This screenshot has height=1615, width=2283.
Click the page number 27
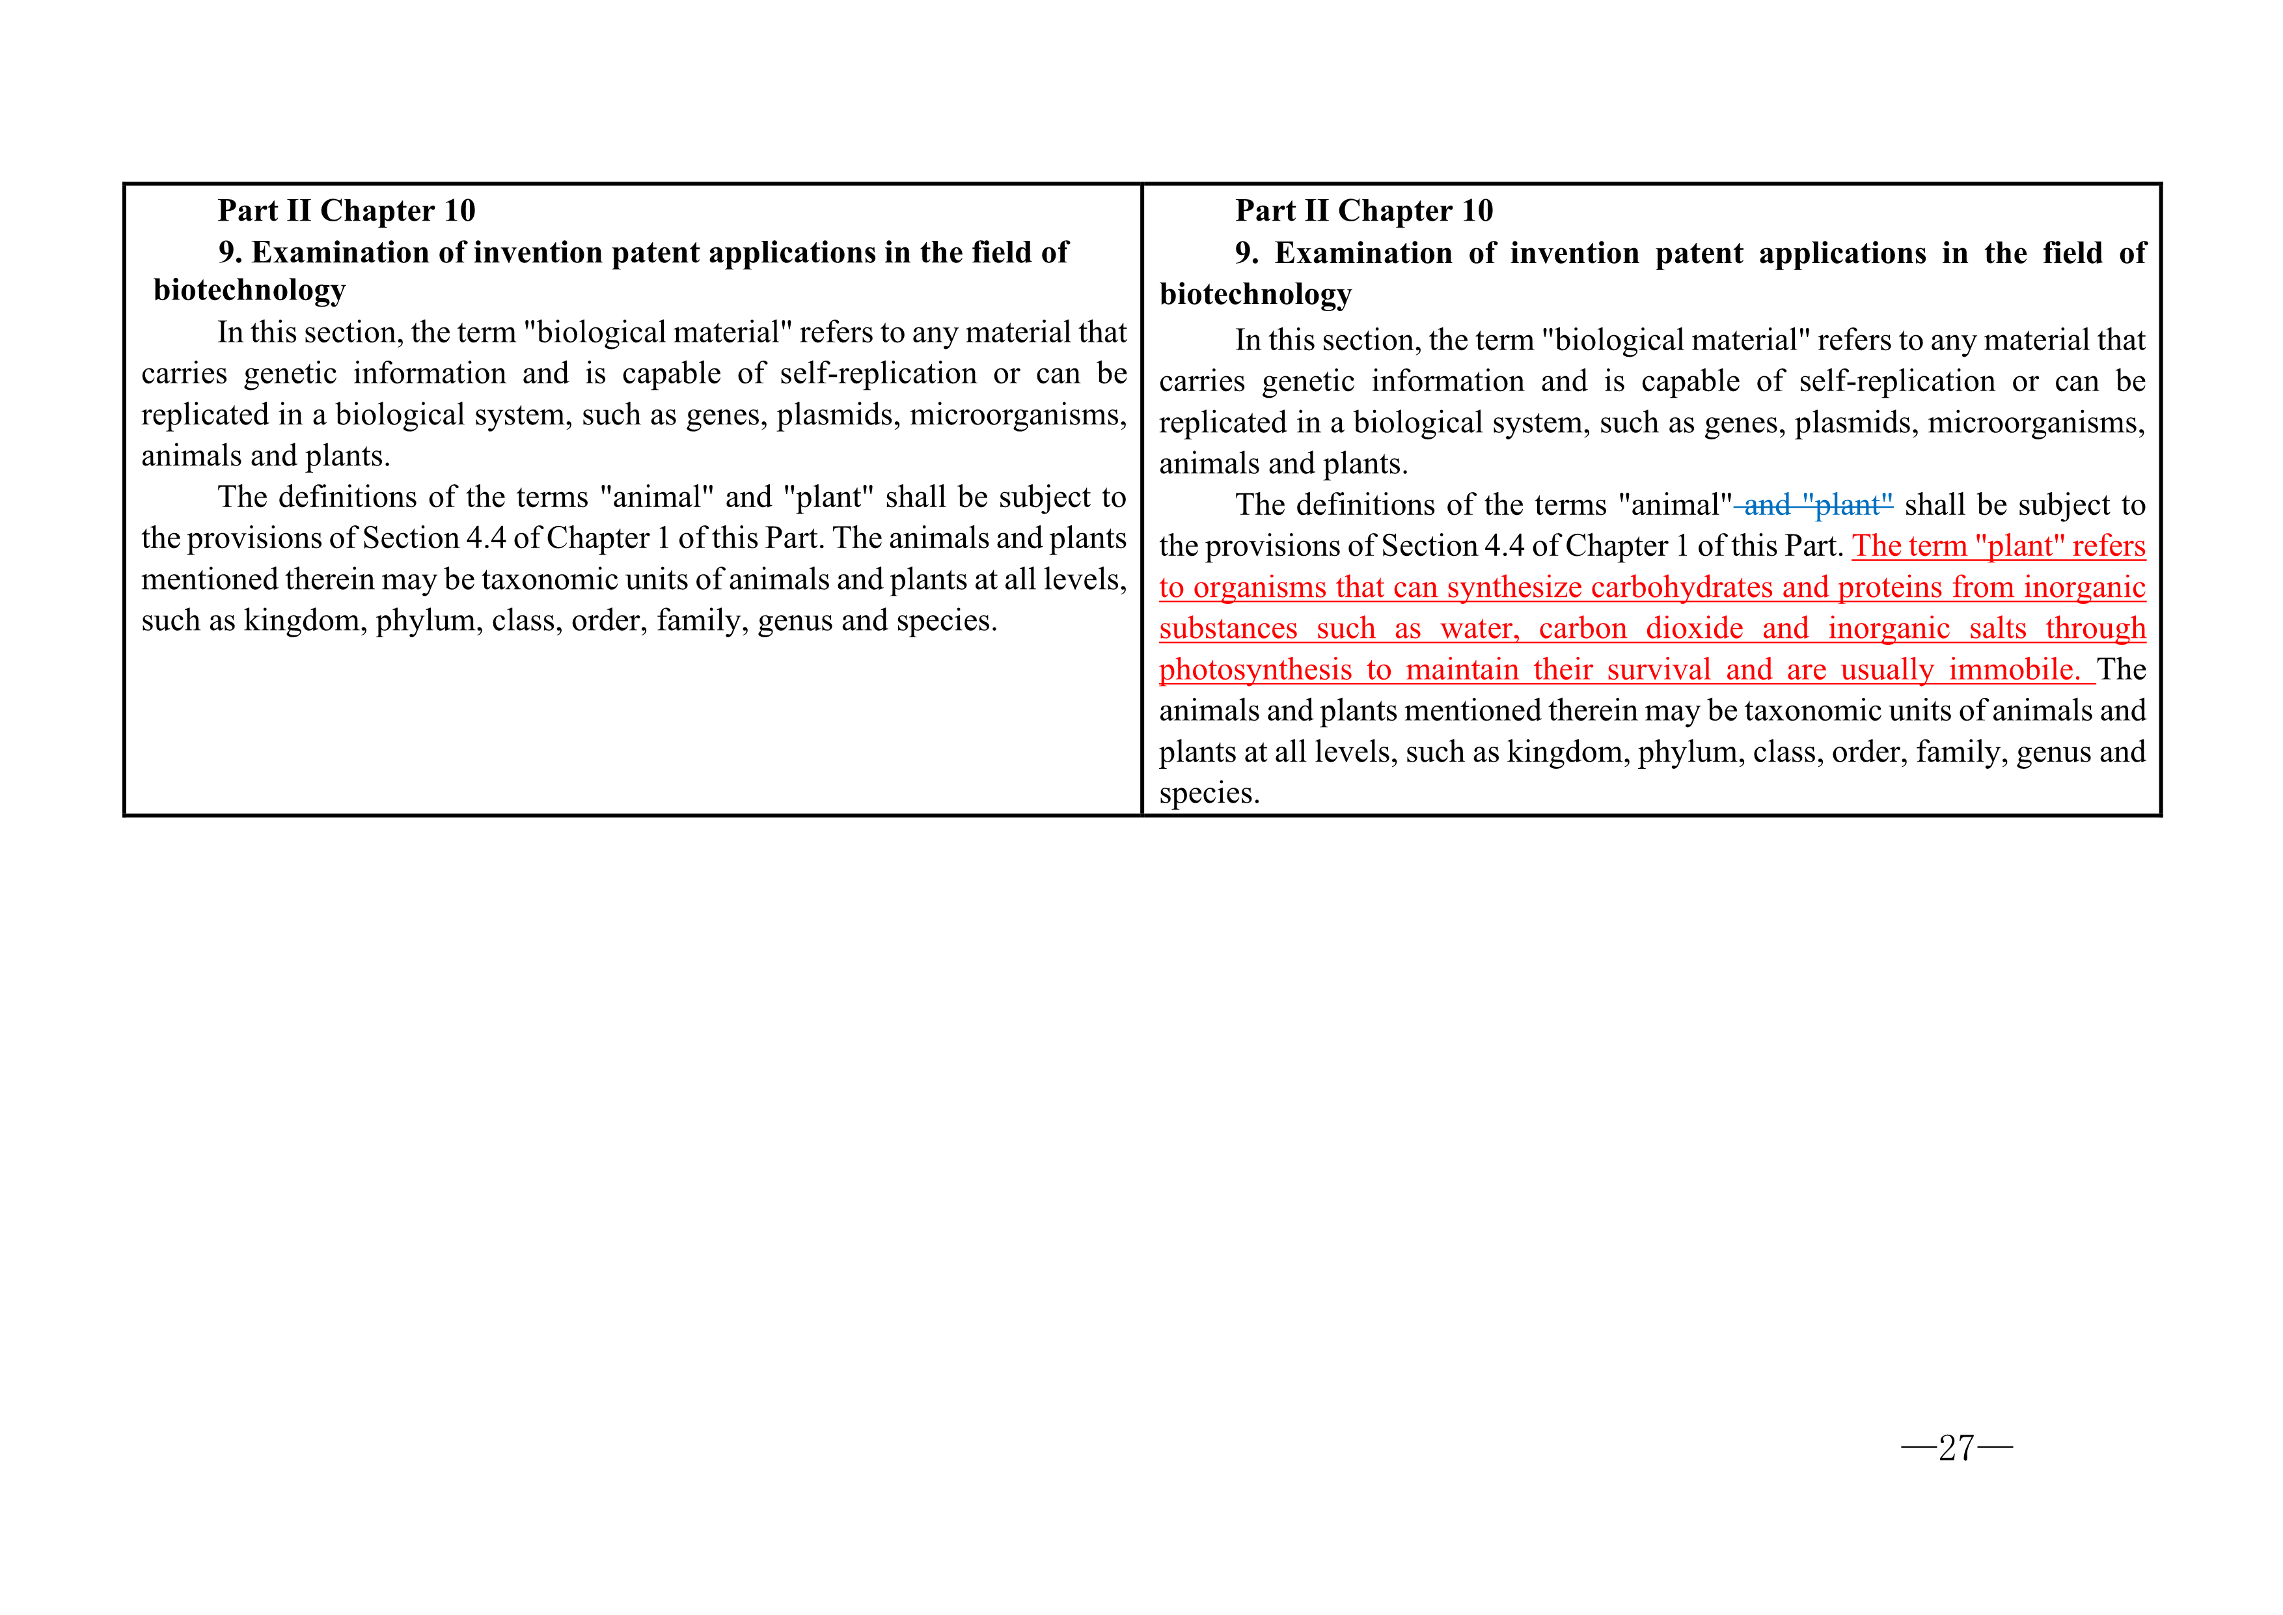(x=1956, y=1448)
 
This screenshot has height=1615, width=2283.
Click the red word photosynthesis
(x=1255, y=670)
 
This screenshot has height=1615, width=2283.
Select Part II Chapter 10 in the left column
(x=346, y=211)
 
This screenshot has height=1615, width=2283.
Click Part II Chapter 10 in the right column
(x=1364, y=211)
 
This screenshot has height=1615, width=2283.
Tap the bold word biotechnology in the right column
(x=1255, y=294)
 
